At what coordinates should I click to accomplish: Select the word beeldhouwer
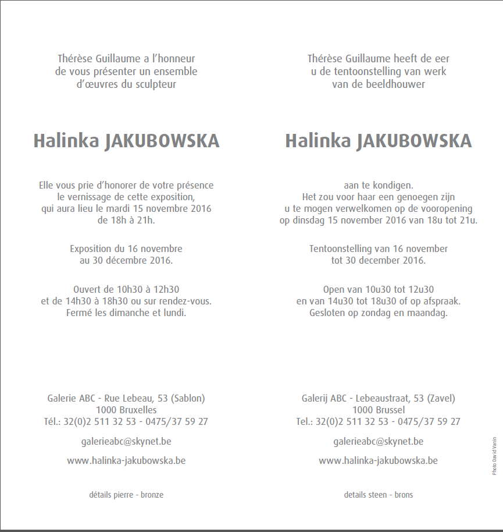[x=398, y=84]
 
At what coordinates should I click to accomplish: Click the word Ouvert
[x=88, y=289]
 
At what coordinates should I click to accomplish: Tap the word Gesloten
[x=329, y=313]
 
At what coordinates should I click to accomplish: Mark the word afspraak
[x=440, y=301]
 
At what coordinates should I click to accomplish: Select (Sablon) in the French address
[x=188, y=399]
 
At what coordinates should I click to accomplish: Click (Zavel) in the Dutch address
[x=441, y=399]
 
